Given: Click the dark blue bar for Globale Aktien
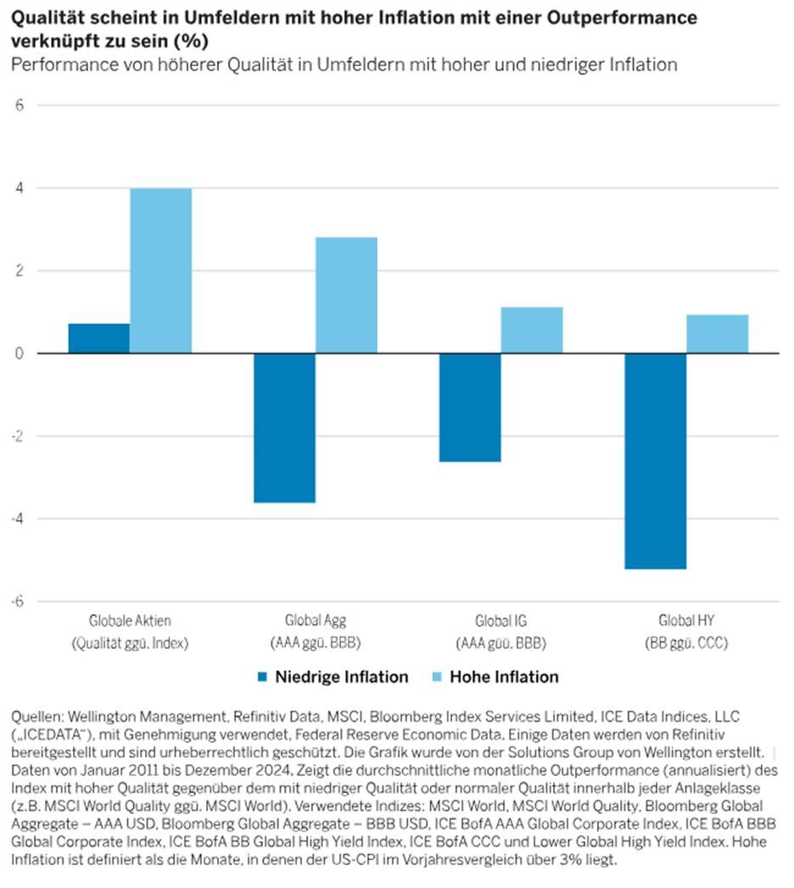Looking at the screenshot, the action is point(99,338).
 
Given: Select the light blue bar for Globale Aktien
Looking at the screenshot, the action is point(161,271).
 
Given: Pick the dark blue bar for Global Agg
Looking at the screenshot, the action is point(285,427).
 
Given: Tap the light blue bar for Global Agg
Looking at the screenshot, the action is point(347,295).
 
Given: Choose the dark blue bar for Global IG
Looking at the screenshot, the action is point(470,407).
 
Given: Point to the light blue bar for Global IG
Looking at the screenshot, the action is point(532,330).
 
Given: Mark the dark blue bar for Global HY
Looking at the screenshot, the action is point(656,461).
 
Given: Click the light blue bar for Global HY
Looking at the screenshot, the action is point(718,334).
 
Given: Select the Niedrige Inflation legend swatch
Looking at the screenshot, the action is point(261,677).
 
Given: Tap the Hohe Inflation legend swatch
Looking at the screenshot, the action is point(436,677).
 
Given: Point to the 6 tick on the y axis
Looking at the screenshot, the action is point(20,105).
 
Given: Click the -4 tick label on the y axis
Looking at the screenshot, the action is point(18,519).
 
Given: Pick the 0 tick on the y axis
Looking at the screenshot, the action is point(20,354).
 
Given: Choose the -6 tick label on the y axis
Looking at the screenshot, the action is point(18,601).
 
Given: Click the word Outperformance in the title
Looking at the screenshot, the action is point(622,18).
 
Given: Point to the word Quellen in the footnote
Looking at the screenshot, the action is point(36,717).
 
